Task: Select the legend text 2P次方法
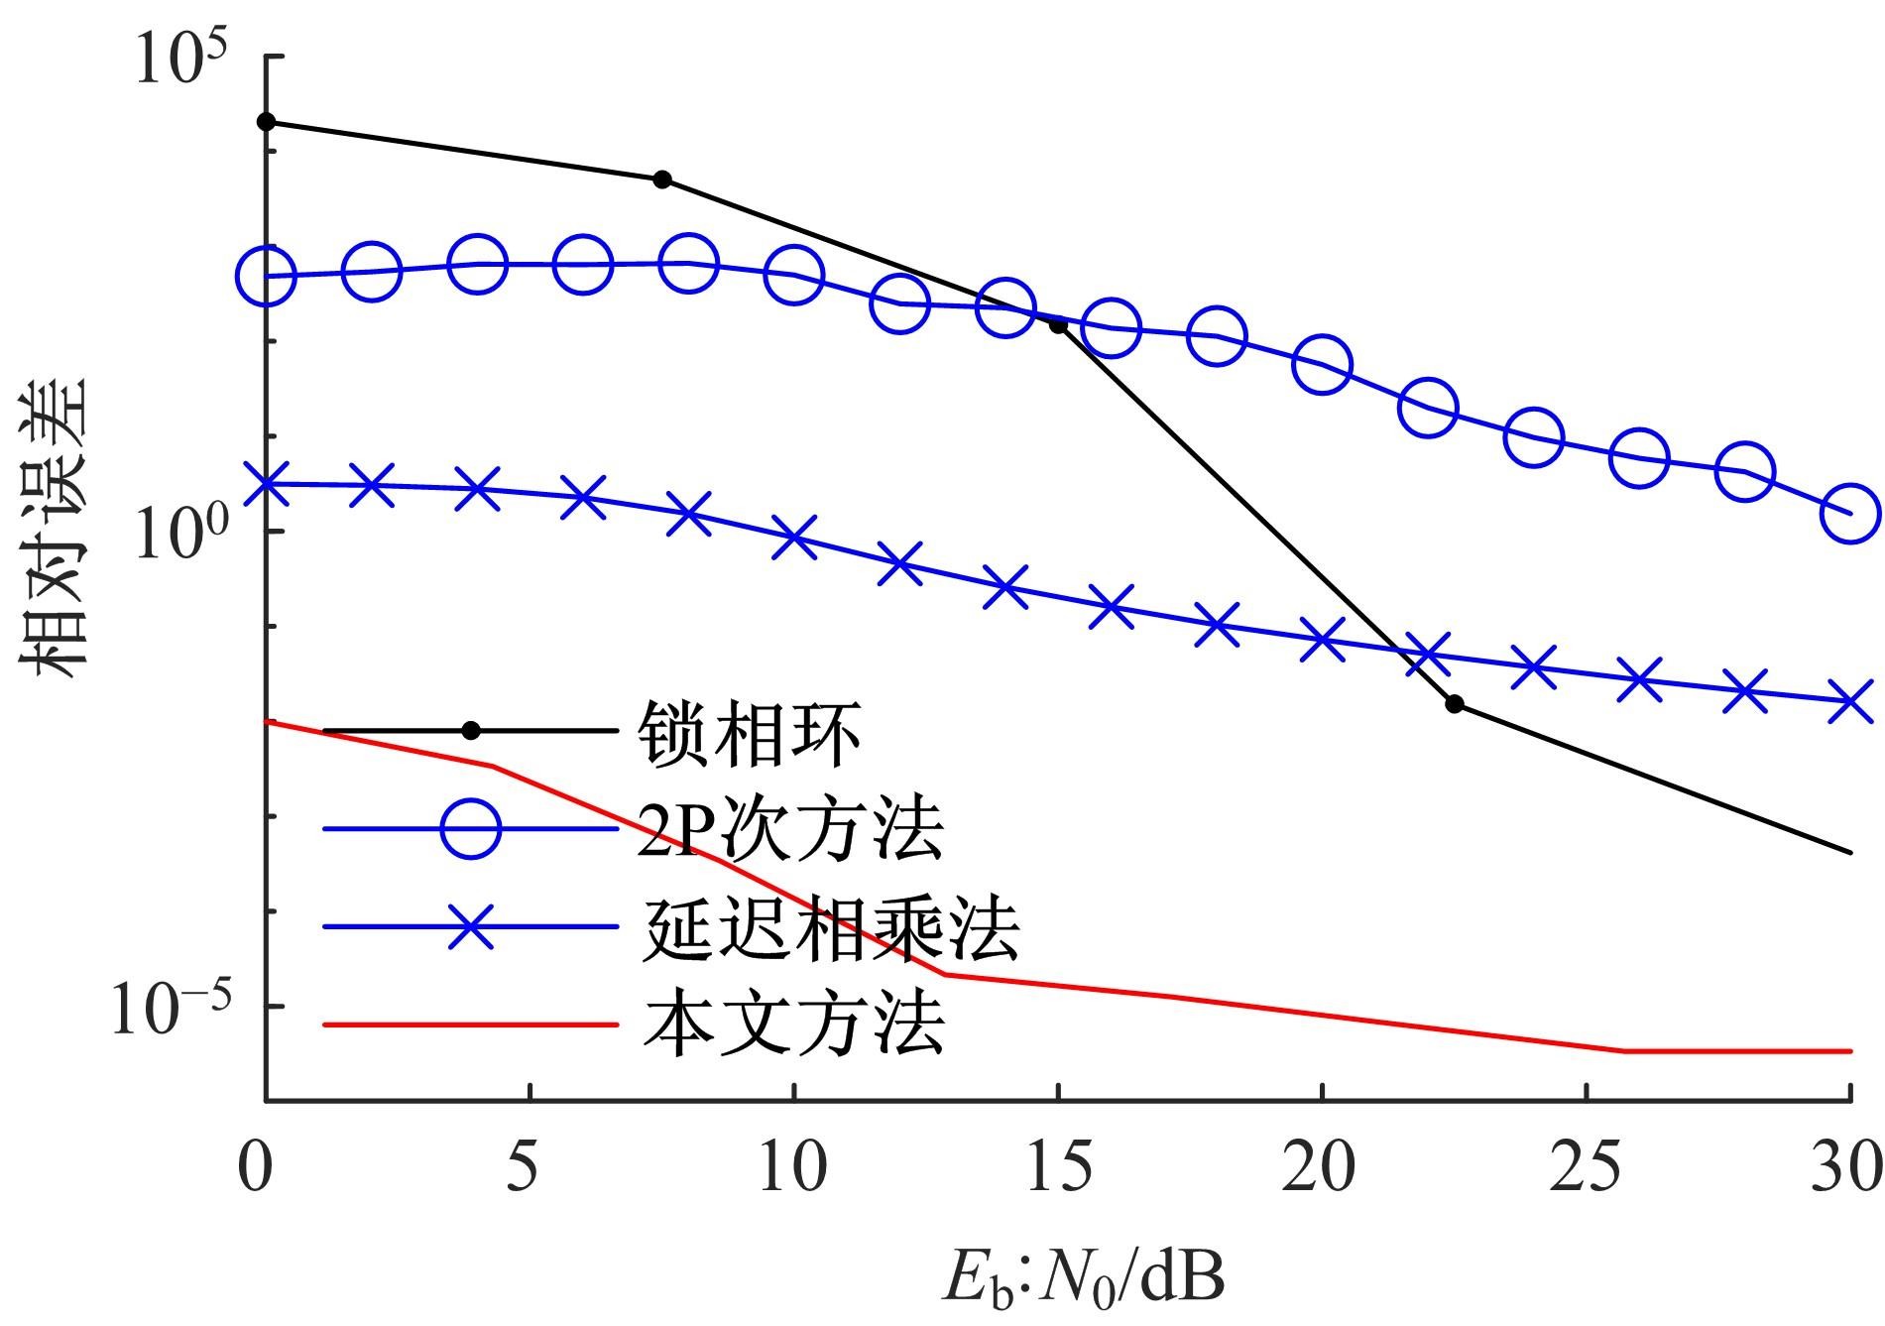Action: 790,829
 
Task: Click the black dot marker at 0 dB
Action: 266,122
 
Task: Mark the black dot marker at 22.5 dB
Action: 1455,704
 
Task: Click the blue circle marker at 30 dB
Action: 1850,514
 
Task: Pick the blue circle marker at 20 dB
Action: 1322,365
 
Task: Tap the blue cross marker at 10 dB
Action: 794,537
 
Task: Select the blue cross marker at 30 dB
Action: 1850,701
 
